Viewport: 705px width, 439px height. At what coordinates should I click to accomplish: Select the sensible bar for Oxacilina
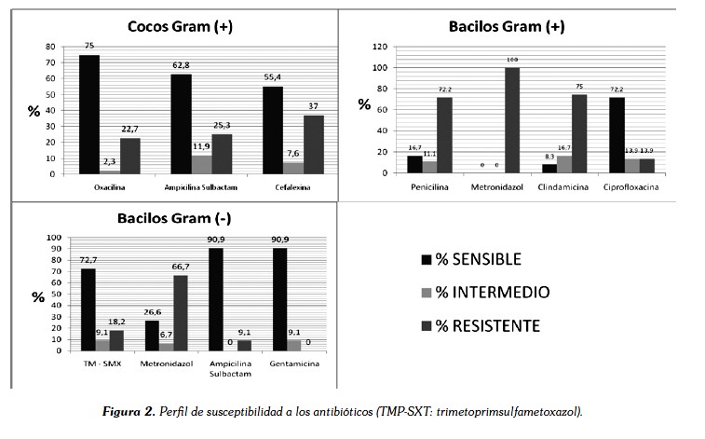(89, 113)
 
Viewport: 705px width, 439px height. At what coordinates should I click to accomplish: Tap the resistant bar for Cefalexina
(313, 143)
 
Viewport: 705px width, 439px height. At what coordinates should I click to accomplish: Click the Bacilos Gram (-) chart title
(169, 220)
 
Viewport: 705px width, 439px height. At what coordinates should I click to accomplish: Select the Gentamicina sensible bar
(279, 299)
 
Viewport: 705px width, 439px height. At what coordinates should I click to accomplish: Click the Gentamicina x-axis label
(285, 362)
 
